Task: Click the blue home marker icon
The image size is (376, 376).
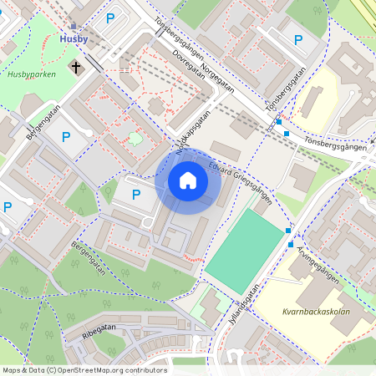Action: click(188, 180)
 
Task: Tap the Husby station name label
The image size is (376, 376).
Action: click(74, 38)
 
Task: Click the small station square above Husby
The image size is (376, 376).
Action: click(74, 27)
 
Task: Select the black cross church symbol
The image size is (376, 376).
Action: click(76, 65)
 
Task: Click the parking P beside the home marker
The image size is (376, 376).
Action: click(136, 194)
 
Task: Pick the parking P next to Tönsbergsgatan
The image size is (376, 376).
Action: click(298, 39)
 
